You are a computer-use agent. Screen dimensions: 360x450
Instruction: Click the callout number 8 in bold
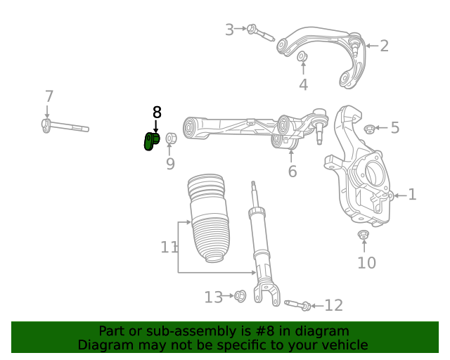click(157, 112)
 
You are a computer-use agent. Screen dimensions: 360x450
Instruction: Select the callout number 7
click(49, 96)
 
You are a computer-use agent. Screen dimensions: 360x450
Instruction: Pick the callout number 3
click(229, 30)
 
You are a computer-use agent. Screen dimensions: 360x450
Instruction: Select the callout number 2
click(384, 46)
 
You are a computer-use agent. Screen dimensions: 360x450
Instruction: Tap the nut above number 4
click(302, 56)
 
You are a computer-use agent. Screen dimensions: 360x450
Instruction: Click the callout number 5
click(394, 128)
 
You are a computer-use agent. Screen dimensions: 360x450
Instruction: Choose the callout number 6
click(292, 171)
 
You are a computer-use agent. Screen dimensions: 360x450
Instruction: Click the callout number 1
click(412, 195)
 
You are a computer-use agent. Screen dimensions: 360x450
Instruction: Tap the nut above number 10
click(364, 235)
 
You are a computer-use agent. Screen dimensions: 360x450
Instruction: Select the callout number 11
click(169, 247)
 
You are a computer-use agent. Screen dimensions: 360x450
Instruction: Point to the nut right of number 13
click(239, 297)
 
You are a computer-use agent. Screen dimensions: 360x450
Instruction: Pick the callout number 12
click(333, 305)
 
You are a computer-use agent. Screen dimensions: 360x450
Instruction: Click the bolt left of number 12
click(298, 304)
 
